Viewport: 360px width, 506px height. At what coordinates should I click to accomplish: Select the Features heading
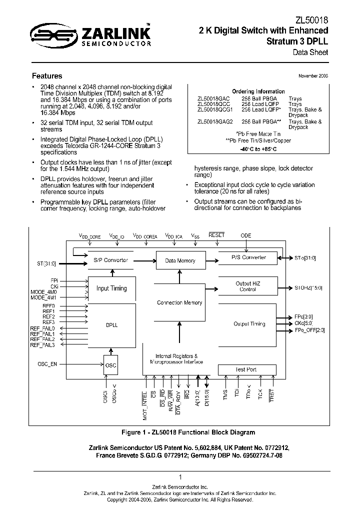47,76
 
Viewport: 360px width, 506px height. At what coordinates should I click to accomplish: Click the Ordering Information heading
258,92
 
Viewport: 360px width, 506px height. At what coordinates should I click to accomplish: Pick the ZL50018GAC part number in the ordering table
214,99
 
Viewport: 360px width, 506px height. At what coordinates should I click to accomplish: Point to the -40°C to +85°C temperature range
258,148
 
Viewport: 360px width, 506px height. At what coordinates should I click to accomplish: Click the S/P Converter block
111,260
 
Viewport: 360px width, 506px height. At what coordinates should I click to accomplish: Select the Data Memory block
180,261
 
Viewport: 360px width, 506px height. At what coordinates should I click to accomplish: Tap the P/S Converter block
248,258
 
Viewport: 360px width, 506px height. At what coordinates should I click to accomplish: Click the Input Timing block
111,288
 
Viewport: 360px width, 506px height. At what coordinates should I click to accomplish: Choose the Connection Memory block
179,303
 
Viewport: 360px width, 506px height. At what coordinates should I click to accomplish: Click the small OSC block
111,365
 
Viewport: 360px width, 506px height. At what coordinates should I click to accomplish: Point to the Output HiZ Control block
248,286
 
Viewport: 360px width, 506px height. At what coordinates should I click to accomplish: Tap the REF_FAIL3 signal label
43,345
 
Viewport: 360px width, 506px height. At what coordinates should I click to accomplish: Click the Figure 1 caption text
188,432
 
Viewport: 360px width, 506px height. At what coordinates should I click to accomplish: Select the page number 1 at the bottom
180,477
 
